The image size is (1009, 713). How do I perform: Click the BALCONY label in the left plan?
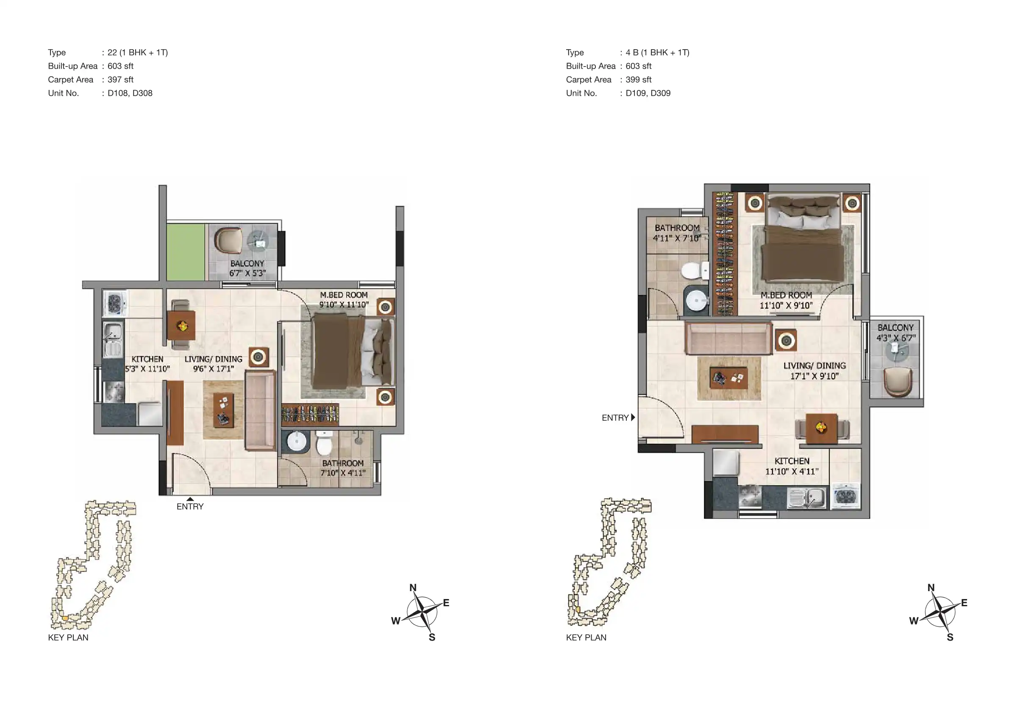247,264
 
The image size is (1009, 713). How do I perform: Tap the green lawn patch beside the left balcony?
186,252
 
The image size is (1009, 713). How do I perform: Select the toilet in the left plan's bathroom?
324,443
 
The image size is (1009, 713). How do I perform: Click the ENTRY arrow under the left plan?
190,499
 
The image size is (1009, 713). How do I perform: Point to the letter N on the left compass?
413,588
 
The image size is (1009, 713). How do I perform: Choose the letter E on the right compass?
964,603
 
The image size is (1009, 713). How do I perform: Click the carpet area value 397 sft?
120,80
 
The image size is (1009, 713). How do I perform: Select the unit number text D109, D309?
648,93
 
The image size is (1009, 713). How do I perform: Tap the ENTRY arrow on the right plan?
633,417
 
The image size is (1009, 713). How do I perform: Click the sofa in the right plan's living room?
728,338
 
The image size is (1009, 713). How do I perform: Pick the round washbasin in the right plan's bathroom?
697,300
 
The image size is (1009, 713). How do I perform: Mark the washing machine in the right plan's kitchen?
845,497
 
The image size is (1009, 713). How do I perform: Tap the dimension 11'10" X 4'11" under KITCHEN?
792,472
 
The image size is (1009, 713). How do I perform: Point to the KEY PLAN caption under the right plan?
586,638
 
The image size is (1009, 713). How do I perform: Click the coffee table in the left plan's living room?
223,410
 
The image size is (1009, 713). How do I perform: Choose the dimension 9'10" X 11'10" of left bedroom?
344,305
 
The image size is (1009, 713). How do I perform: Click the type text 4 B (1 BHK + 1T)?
657,52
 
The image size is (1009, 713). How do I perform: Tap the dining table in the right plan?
821,427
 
